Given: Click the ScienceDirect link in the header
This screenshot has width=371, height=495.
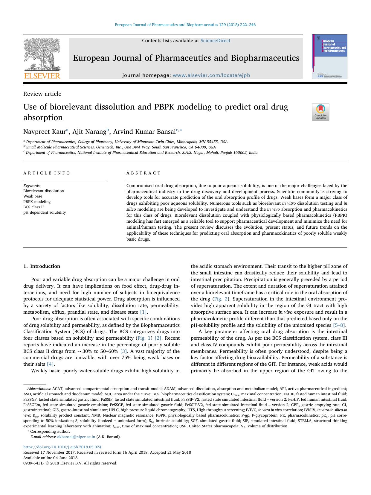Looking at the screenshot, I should coord(215,41).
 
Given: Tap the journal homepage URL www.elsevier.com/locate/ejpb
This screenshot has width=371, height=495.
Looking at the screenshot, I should coord(211,76).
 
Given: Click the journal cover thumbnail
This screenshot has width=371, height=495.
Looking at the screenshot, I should coord(329,57).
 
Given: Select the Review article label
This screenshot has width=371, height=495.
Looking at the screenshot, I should coord(42,94).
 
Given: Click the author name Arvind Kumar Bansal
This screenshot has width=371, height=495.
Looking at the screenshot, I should coord(144,132).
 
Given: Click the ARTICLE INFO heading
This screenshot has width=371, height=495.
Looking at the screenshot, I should coord(47,173).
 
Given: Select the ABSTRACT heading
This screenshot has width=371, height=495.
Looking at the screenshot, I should coord(143,173).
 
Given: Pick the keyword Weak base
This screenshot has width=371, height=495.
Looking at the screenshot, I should coord(33,196).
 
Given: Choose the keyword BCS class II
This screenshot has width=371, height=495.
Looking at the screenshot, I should coord(33,207).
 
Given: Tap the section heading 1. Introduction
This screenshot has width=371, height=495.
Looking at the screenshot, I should coord(42,266).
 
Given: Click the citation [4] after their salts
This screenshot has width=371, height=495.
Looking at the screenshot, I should coord(50,364).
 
